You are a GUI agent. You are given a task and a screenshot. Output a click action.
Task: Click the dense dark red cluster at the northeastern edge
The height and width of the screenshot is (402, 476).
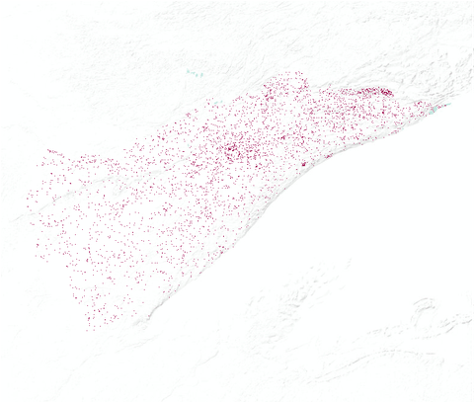coord(378,93)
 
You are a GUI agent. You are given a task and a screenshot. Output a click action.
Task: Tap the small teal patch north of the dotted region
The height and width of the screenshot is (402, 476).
coord(194,72)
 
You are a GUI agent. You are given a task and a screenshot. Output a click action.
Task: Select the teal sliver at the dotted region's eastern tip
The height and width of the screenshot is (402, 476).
coord(441,106)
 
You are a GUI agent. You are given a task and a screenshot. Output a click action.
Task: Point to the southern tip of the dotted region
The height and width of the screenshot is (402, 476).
coord(92,327)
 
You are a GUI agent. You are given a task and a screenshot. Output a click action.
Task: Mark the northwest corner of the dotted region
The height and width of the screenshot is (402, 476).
coord(47,150)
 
